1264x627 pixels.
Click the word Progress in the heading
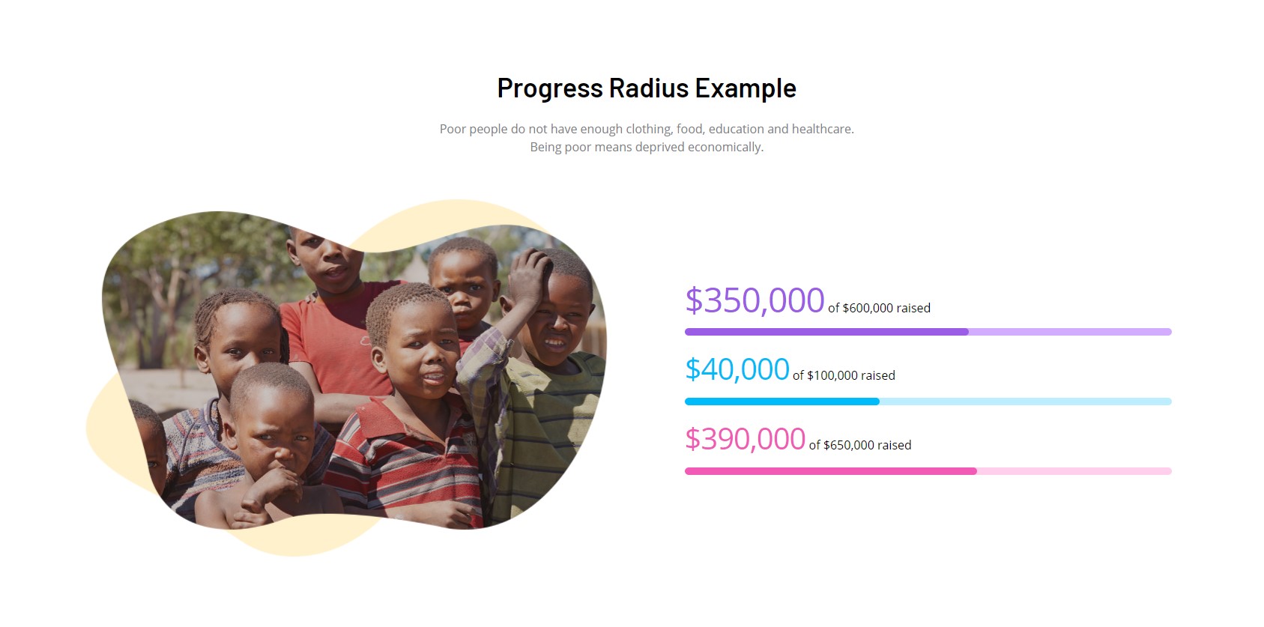point(550,88)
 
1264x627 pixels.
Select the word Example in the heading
point(746,88)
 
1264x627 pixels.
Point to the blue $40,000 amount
point(737,369)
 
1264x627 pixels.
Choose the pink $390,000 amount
point(745,438)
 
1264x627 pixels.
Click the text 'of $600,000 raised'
point(879,308)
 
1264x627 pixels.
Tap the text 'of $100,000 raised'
point(844,375)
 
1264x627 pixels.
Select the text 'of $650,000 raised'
point(860,445)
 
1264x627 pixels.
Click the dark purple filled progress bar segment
point(826,332)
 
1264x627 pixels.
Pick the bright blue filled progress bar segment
point(782,402)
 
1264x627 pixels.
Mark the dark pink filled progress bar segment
point(831,471)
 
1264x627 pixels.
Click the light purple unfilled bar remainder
point(1071,332)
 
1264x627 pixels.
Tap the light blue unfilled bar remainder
point(1026,402)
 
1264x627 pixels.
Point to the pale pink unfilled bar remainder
point(1074,471)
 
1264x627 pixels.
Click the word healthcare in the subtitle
point(823,130)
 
